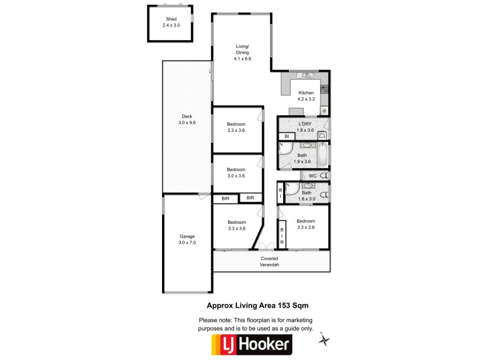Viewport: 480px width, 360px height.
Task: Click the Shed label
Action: click(171, 20)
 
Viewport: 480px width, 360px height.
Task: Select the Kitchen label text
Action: click(306, 92)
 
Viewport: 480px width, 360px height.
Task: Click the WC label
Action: click(312, 176)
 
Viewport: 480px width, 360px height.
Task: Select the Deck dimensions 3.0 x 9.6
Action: click(187, 122)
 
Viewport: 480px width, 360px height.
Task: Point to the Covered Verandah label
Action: click(269, 262)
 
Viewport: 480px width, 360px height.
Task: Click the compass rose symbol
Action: click(325, 340)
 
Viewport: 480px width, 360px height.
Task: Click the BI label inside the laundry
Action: click(287, 136)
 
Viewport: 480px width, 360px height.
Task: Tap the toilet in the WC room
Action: click(324, 176)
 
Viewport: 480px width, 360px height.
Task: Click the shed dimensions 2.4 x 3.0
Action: click(171, 26)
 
